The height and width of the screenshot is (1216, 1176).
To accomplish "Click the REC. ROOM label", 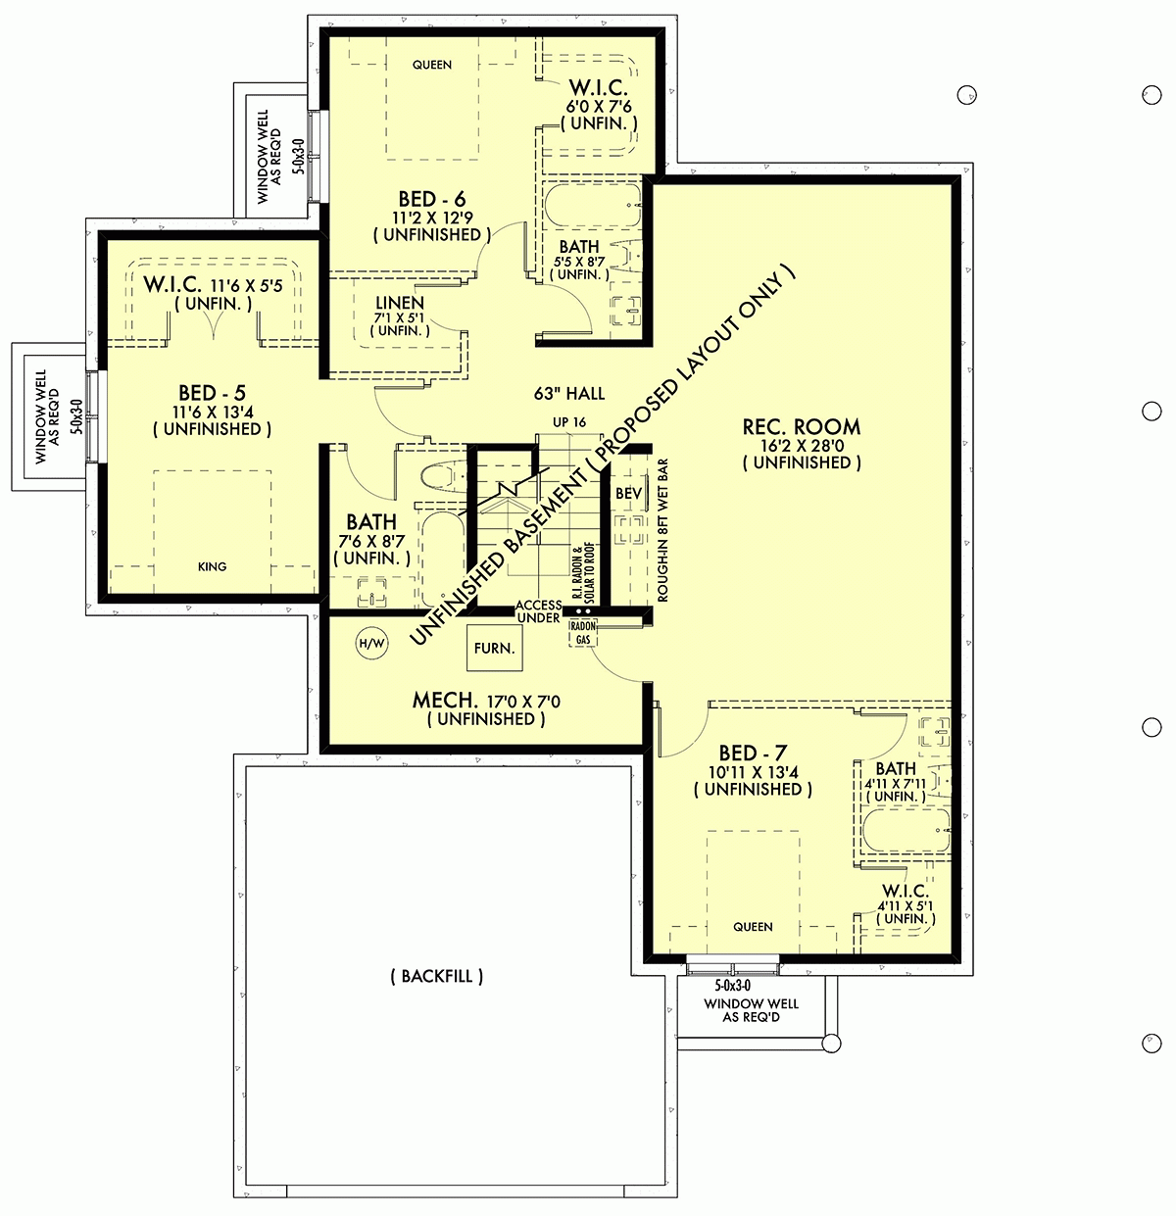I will tap(802, 426).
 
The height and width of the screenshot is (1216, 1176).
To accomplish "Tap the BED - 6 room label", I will tap(431, 200).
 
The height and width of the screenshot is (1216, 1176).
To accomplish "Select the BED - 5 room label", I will tap(212, 394).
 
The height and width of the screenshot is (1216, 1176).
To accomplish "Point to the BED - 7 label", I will tap(752, 753).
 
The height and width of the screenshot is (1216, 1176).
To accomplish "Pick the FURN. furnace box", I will tap(495, 648).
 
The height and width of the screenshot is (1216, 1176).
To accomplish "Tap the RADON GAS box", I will tap(583, 633).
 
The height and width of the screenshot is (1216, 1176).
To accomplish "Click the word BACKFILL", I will tap(436, 976).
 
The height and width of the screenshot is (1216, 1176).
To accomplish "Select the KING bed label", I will tap(212, 566).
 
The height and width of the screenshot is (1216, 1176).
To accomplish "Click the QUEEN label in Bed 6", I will tap(432, 65).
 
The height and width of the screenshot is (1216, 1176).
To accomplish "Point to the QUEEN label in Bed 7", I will tap(753, 926).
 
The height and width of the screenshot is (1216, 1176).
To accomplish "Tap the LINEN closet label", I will tap(400, 303).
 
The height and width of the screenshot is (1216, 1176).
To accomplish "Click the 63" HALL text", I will tap(569, 394).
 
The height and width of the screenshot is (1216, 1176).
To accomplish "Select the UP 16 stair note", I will tap(569, 421).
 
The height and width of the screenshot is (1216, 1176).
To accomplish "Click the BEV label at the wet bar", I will tap(628, 494).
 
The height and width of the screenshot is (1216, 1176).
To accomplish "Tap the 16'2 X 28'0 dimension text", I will tap(802, 445).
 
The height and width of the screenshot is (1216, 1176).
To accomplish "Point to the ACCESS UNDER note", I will tap(539, 611).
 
